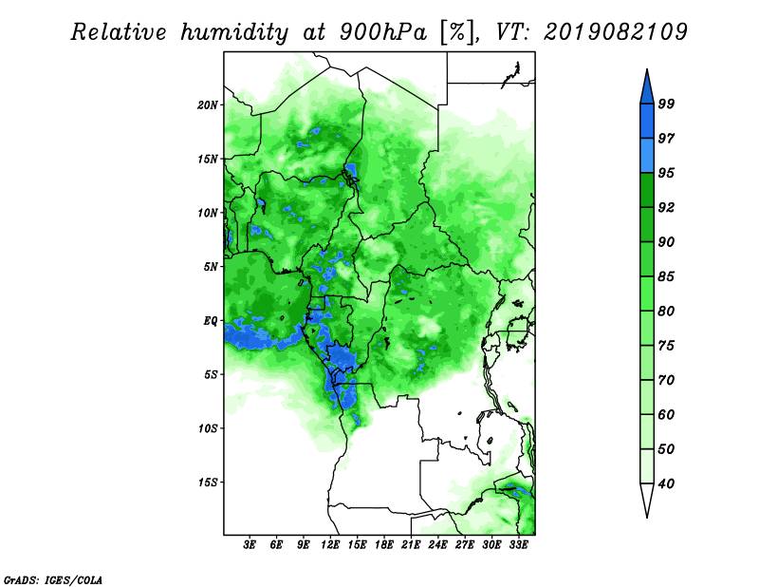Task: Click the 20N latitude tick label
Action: pos(208,104)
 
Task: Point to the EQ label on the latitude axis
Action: pos(211,320)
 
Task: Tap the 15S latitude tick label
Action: pos(208,483)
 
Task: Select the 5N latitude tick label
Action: pos(211,267)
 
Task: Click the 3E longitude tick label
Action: pos(250,545)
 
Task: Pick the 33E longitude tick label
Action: pos(518,545)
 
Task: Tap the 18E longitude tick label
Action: pos(384,545)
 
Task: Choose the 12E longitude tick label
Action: pos(330,545)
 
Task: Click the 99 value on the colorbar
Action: pos(666,104)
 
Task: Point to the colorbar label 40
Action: pos(666,483)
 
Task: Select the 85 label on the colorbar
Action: pos(666,276)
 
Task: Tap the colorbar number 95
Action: pos(666,173)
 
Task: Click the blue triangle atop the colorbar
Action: pos(647,89)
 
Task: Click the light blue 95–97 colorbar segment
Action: pos(647,156)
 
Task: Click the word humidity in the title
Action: pos(234,32)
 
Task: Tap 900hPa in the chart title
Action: pos(384,32)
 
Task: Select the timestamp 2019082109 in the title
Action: pos(616,31)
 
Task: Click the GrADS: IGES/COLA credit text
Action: pos(53,579)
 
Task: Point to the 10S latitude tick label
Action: pos(208,428)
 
